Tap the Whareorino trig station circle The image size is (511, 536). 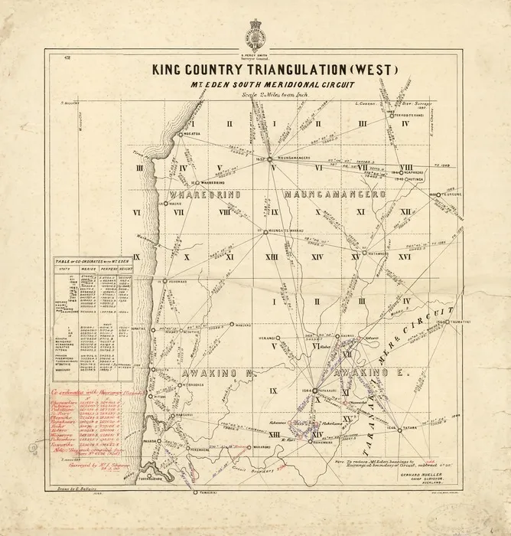pos(196,182)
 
